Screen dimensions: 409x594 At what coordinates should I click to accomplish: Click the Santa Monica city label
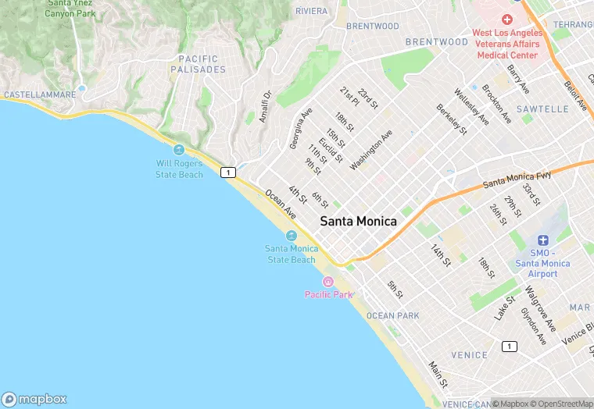pyautogui.click(x=358, y=222)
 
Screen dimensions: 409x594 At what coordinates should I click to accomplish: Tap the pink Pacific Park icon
pyautogui.click(x=328, y=282)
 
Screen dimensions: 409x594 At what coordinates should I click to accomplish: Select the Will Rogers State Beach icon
pyautogui.click(x=179, y=150)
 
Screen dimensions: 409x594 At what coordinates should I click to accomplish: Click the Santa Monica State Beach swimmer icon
pyautogui.click(x=292, y=236)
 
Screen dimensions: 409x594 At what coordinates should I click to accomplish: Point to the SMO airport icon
pyautogui.click(x=543, y=240)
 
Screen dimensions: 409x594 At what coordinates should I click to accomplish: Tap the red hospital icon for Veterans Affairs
pyautogui.click(x=506, y=19)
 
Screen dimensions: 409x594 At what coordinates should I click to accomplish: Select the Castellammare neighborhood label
pyautogui.click(x=40, y=94)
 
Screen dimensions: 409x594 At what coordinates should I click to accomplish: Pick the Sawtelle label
pyautogui.click(x=542, y=109)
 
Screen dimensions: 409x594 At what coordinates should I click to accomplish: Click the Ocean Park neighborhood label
pyautogui.click(x=392, y=315)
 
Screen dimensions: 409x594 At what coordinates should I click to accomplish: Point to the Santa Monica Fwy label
pyautogui.click(x=517, y=180)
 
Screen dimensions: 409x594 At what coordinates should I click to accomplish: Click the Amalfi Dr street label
pyautogui.click(x=266, y=105)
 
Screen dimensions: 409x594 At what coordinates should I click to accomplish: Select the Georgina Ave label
pyautogui.click(x=300, y=128)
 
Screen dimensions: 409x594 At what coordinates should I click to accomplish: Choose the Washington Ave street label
pyautogui.click(x=371, y=149)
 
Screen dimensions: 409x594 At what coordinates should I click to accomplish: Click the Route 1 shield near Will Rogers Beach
pyautogui.click(x=228, y=172)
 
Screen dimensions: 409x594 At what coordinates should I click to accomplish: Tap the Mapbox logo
pyautogui.click(x=34, y=399)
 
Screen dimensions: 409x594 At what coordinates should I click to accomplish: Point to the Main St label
pyautogui.click(x=438, y=375)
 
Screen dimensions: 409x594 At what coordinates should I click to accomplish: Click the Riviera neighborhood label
pyautogui.click(x=312, y=11)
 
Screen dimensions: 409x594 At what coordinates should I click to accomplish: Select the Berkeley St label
pyautogui.click(x=451, y=119)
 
